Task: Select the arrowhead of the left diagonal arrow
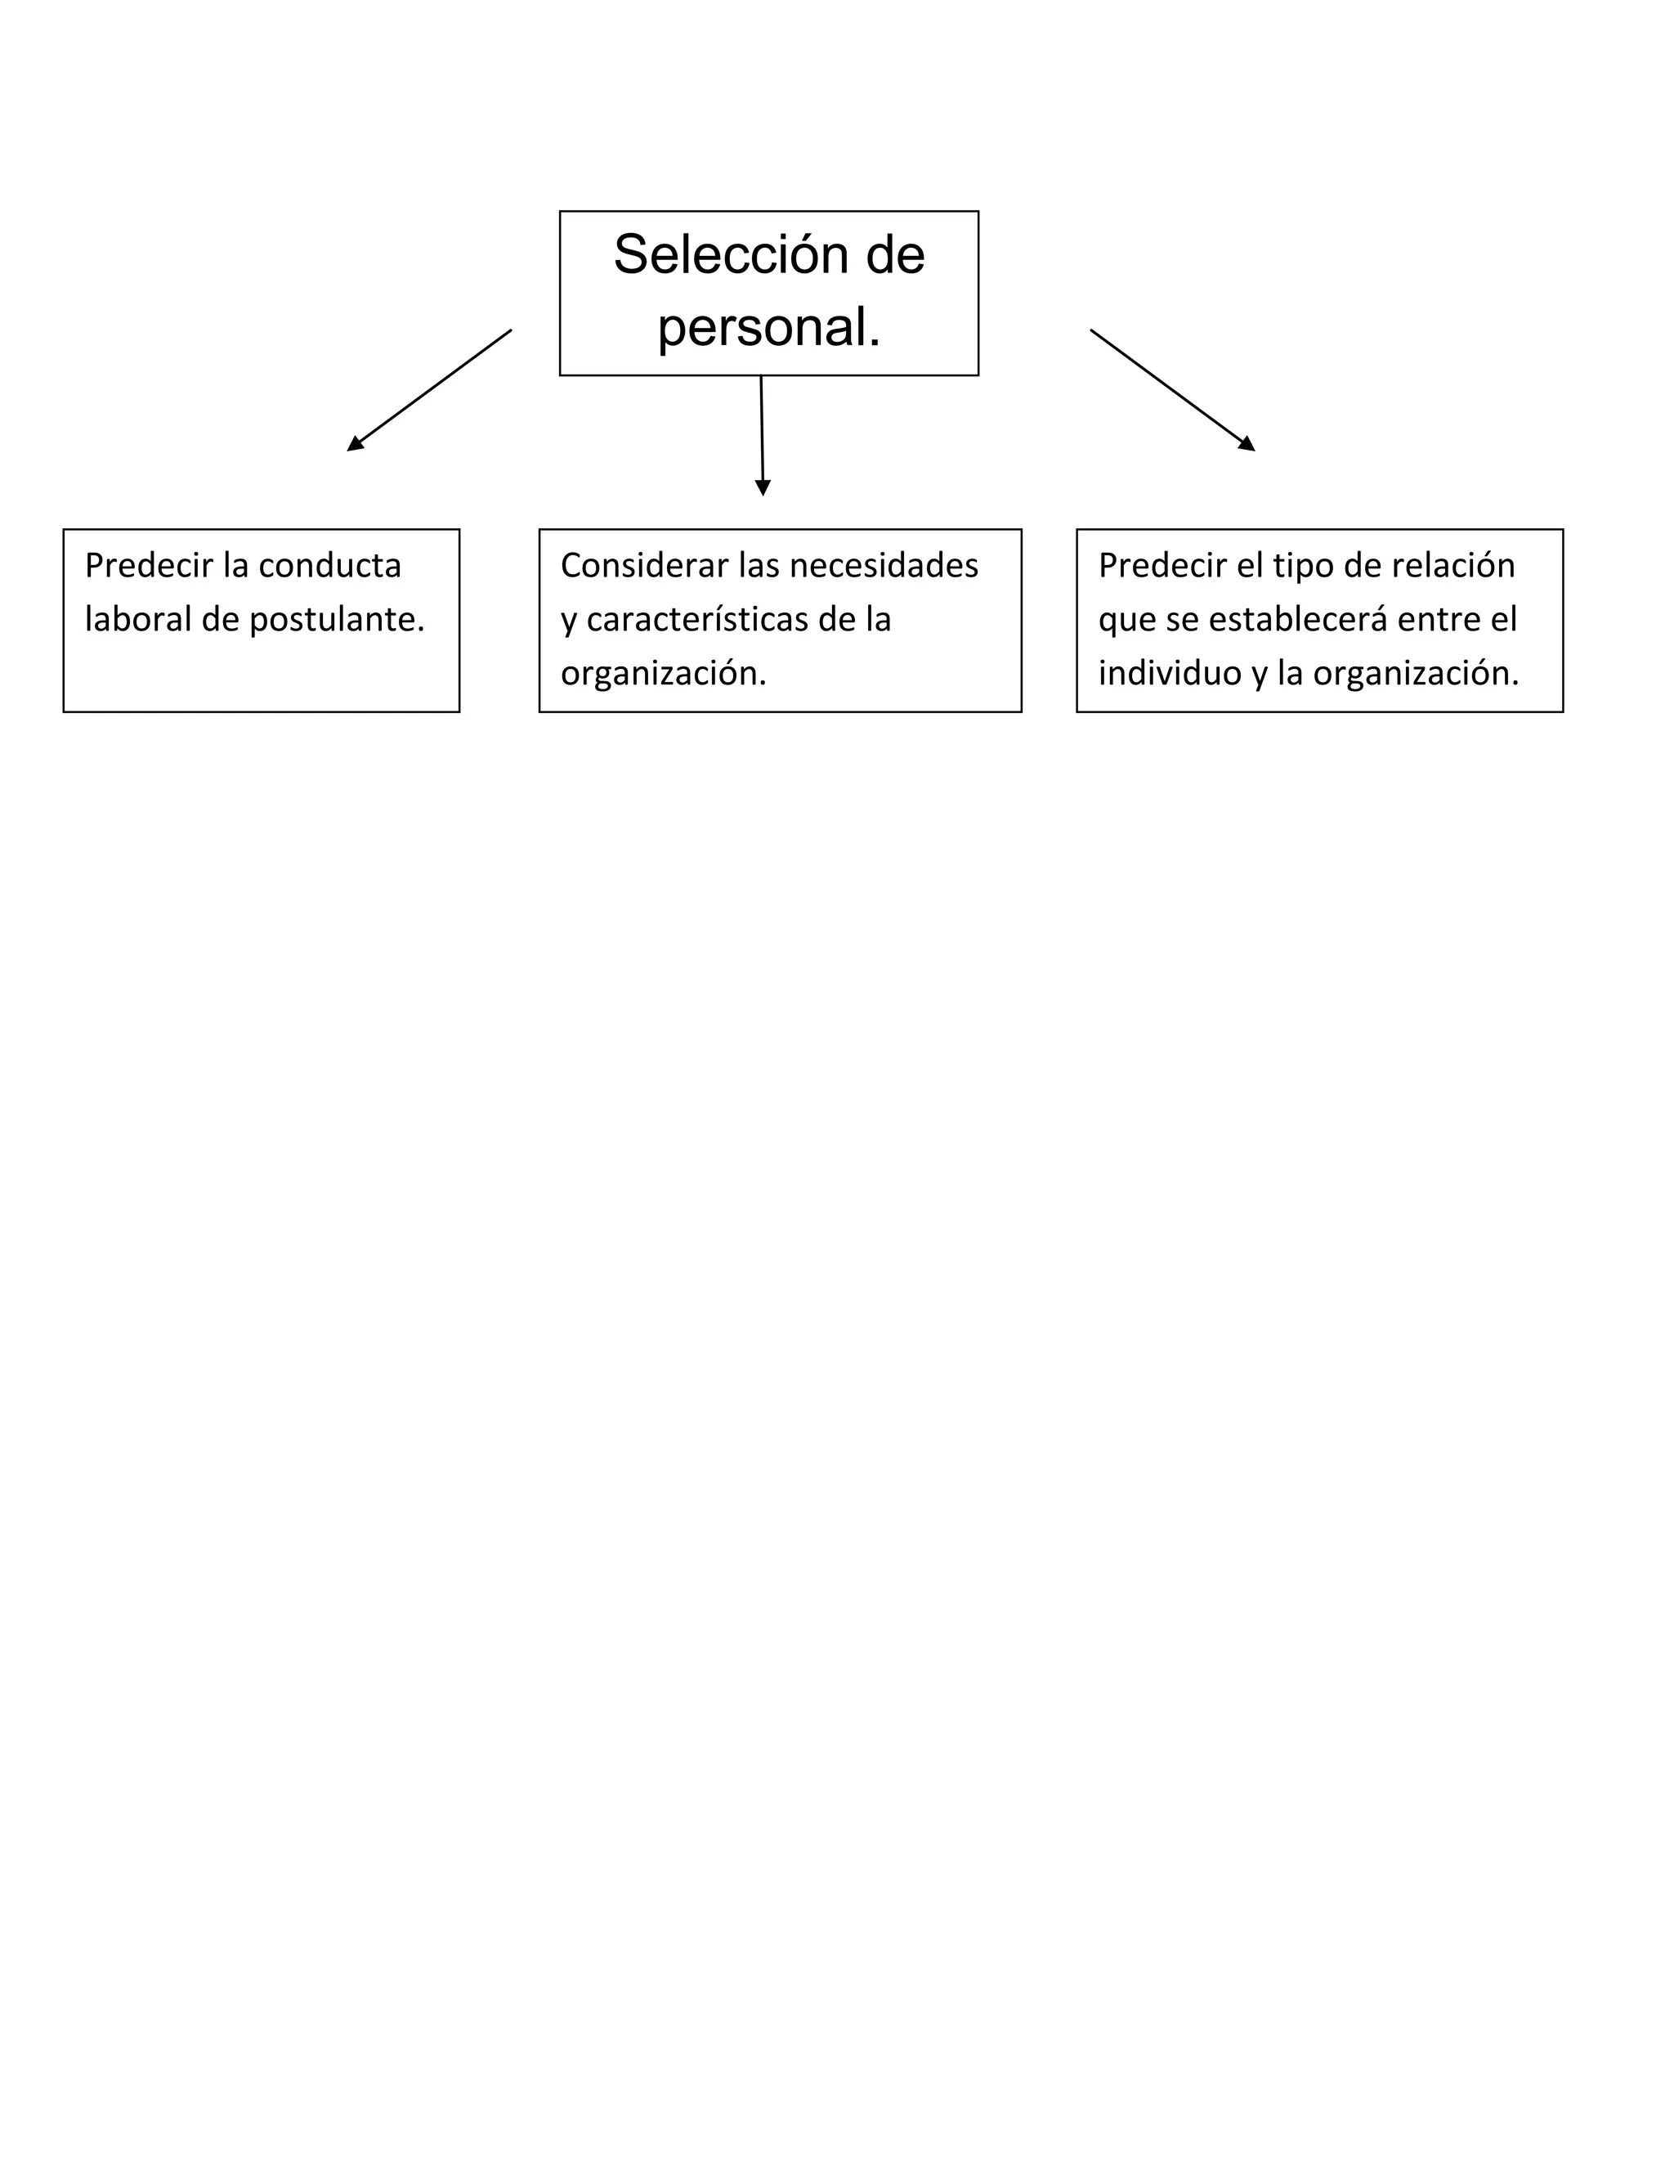point(355,445)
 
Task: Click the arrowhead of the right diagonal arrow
point(1247,445)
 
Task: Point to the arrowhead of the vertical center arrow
point(763,487)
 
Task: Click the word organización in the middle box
point(661,675)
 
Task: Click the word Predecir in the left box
point(149,566)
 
